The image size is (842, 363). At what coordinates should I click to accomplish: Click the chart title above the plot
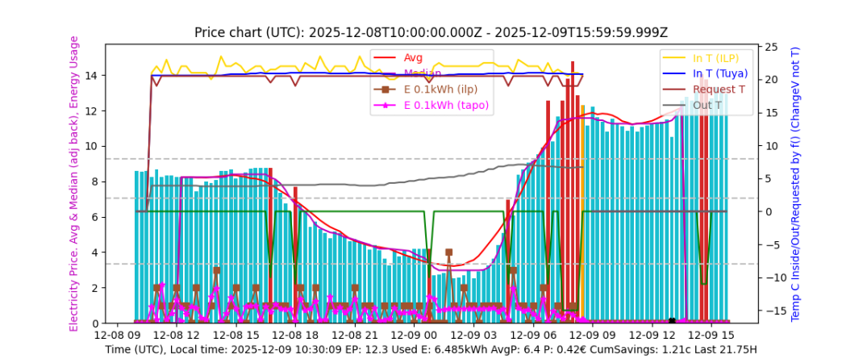click(431, 32)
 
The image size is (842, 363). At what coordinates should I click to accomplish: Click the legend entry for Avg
click(413, 57)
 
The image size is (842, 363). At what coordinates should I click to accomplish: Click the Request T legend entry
click(719, 89)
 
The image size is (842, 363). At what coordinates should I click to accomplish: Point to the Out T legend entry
click(707, 105)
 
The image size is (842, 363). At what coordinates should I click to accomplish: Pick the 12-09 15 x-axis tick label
click(716, 334)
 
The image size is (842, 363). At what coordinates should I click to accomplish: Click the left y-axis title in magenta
click(74, 183)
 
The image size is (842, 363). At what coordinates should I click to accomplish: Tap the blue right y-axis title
click(795, 183)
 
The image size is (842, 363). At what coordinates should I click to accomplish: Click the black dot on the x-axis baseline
click(672, 321)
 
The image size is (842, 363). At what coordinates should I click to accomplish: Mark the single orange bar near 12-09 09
click(582, 213)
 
